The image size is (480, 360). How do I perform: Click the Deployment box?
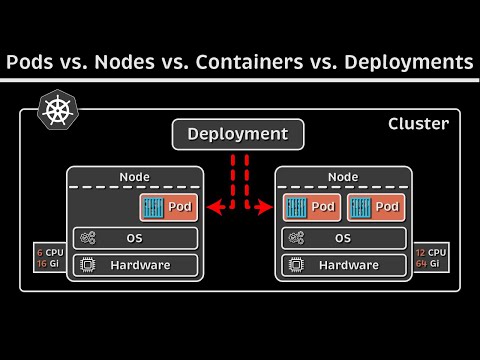[x=237, y=134]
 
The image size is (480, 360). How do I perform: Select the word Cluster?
[x=418, y=124]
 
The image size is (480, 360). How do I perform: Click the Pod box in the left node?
[x=169, y=207]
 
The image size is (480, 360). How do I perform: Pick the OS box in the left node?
[x=134, y=238]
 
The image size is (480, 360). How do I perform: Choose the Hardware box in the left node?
[x=134, y=265]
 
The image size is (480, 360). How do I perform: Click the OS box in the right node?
[x=342, y=238]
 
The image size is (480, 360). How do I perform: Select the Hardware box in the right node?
[x=342, y=265]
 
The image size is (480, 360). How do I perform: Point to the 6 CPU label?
[x=48, y=251]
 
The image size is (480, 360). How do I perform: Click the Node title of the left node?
[x=134, y=177]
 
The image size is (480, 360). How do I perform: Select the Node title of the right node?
[x=342, y=177]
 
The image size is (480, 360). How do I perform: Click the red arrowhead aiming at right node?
[x=267, y=207]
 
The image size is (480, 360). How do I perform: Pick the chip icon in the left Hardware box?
[x=87, y=265]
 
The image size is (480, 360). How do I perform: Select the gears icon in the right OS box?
[x=295, y=238]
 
